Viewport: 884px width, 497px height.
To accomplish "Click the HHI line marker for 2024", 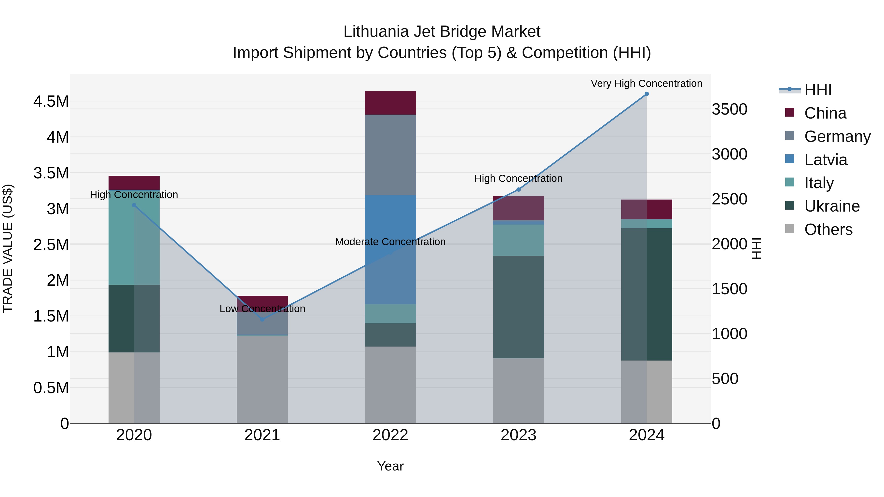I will (647, 94).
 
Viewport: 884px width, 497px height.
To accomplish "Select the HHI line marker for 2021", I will (262, 319).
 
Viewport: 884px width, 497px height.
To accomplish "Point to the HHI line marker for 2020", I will (134, 205).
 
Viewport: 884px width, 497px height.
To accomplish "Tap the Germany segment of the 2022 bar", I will (390, 155).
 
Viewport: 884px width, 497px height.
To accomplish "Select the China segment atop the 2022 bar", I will (390, 103).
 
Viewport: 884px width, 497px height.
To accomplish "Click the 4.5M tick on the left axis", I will (51, 102).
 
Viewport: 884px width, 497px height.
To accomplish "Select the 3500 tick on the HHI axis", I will (729, 109).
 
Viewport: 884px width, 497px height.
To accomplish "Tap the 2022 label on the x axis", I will (390, 435).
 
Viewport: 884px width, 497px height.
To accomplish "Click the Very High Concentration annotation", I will (646, 83).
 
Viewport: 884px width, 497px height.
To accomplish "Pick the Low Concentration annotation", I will (262, 309).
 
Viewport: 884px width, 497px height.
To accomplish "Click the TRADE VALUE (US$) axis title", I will (8, 248).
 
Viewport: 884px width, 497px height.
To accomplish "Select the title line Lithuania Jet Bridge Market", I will (442, 32).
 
